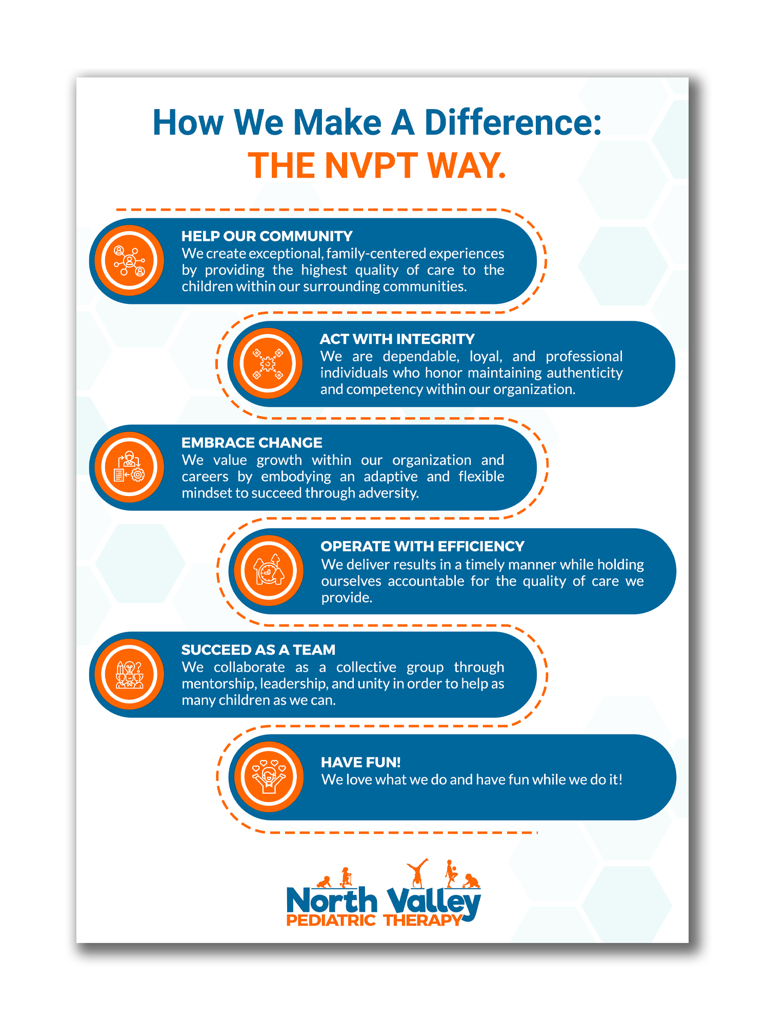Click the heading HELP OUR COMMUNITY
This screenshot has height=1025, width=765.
267,236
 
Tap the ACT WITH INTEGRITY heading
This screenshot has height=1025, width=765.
397,339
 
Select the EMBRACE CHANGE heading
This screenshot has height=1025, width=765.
252,443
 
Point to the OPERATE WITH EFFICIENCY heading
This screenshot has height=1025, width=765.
422,546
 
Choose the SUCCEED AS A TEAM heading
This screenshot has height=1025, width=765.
258,650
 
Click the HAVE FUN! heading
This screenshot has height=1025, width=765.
360,763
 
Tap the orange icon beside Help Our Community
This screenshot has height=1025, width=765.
129,261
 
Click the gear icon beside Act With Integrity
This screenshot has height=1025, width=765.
268,364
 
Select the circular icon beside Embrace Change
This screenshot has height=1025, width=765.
129,467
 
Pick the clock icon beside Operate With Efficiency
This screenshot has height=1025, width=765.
269,571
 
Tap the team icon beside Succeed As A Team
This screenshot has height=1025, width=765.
129,674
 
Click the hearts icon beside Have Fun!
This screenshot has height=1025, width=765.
269,777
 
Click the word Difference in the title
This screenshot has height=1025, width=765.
513,123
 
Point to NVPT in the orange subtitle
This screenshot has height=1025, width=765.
371,166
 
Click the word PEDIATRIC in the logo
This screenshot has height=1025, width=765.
331,920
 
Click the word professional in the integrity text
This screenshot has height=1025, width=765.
583,357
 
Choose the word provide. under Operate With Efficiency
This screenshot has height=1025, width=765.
347,598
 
